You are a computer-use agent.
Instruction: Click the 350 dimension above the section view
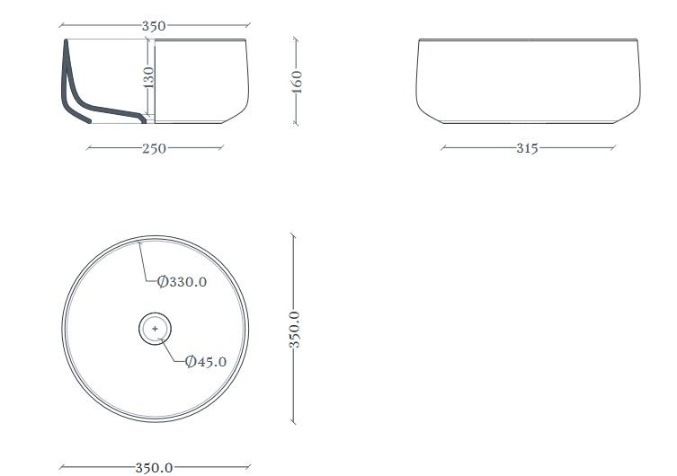point(154,26)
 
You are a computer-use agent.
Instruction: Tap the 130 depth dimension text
point(148,77)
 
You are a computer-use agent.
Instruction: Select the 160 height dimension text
point(297,82)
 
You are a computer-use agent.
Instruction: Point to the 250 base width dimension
point(154,148)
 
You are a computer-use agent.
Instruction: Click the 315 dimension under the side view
point(527,148)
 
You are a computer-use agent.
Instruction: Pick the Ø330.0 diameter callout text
point(182,282)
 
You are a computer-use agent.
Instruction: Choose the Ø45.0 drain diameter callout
point(206,361)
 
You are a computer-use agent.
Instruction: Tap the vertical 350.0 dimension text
point(295,330)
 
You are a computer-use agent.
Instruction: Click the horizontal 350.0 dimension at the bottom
point(154,467)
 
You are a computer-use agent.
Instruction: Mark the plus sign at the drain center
point(155,329)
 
